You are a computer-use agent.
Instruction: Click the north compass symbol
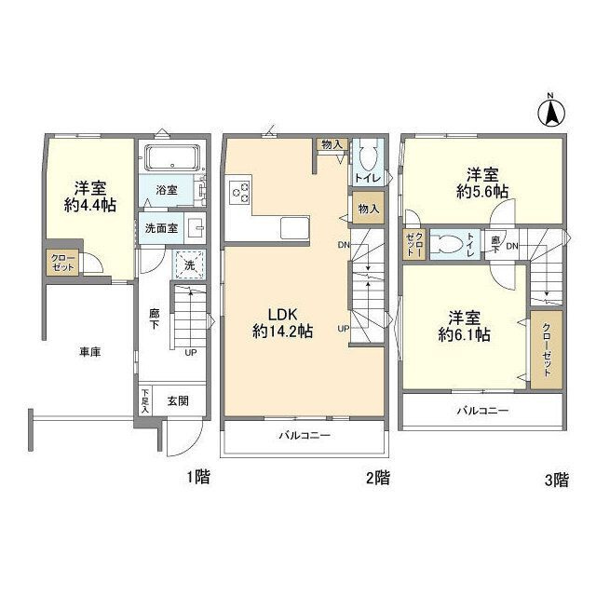point(552,111)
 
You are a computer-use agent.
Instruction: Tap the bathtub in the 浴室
point(173,157)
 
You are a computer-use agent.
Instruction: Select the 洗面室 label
point(161,228)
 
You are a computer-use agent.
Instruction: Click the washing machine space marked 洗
point(189,264)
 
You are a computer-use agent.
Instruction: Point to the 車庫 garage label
point(90,352)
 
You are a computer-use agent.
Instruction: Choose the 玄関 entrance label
point(178,400)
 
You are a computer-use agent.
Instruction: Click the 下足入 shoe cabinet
point(145,401)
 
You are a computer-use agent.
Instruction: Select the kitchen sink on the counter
point(295,227)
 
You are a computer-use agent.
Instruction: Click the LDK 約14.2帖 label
point(282,323)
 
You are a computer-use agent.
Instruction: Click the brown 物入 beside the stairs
point(369,209)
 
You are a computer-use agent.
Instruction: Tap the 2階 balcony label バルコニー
point(305,435)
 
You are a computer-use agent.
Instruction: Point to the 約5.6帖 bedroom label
point(482,183)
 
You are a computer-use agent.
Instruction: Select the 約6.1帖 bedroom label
point(464,327)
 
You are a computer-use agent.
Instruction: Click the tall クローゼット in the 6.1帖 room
point(547,350)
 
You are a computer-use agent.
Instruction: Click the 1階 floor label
point(198,477)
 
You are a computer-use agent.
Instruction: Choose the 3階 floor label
point(557,480)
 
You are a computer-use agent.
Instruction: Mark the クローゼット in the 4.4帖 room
point(63,263)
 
